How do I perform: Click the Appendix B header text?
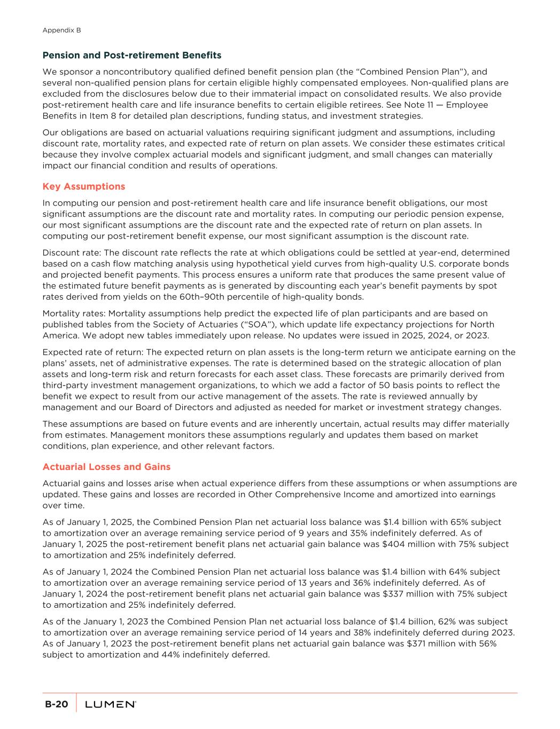(61, 30)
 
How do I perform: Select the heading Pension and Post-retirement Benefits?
(131, 55)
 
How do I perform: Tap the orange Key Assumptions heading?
(83, 186)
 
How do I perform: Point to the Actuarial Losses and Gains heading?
(106, 467)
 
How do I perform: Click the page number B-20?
(56, 704)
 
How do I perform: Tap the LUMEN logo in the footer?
(111, 704)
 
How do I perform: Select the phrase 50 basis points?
(383, 385)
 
